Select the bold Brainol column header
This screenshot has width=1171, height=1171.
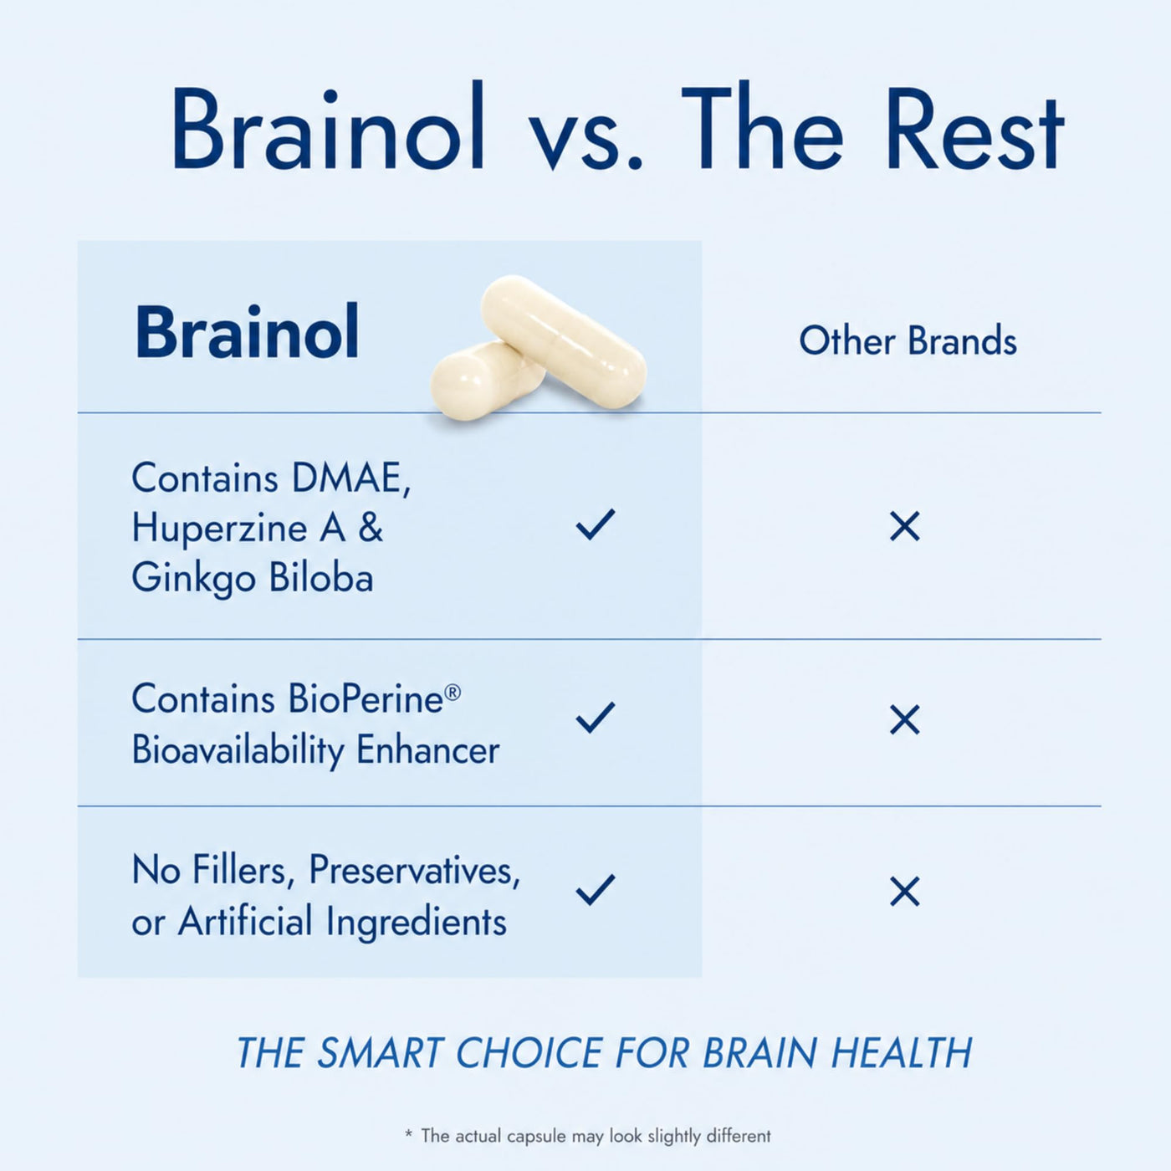[x=247, y=332]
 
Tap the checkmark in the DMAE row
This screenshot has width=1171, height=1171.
[x=596, y=524]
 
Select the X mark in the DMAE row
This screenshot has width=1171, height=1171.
[x=905, y=526]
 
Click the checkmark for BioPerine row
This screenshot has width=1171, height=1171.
[x=596, y=718]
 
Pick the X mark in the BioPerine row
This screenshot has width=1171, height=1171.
[x=905, y=719]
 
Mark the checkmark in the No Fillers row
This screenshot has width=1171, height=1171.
[x=596, y=890]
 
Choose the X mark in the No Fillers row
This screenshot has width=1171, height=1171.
[x=905, y=892]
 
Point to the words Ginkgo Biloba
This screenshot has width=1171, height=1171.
[x=253, y=578]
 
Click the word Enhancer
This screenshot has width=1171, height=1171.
[x=427, y=750]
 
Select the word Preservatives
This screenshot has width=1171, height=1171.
[x=414, y=871]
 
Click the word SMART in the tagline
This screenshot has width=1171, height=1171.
[x=379, y=1052]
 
